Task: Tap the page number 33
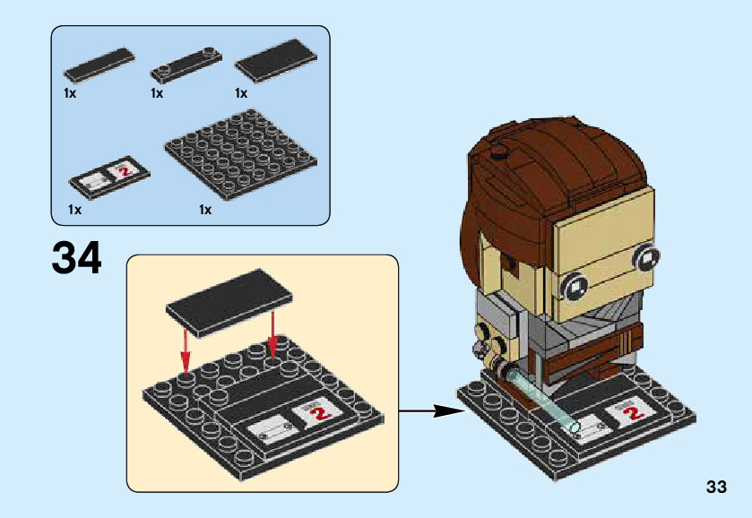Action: pyautogui.click(x=715, y=488)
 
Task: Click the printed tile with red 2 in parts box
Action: pyautogui.click(x=109, y=178)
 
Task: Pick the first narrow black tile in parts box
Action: pyautogui.click(x=99, y=65)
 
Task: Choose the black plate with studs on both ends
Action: pyautogui.click(x=186, y=64)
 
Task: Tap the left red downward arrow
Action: pyautogui.click(x=185, y=350)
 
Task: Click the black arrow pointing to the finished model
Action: pyautogui.click(x=435, y=412)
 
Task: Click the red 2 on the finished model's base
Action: pyautogui.click(x=634, y=412)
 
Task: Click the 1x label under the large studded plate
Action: pyautogui.click(x=205, y=210)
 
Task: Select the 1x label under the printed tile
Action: pyautogui.click(x=73, y=210)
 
